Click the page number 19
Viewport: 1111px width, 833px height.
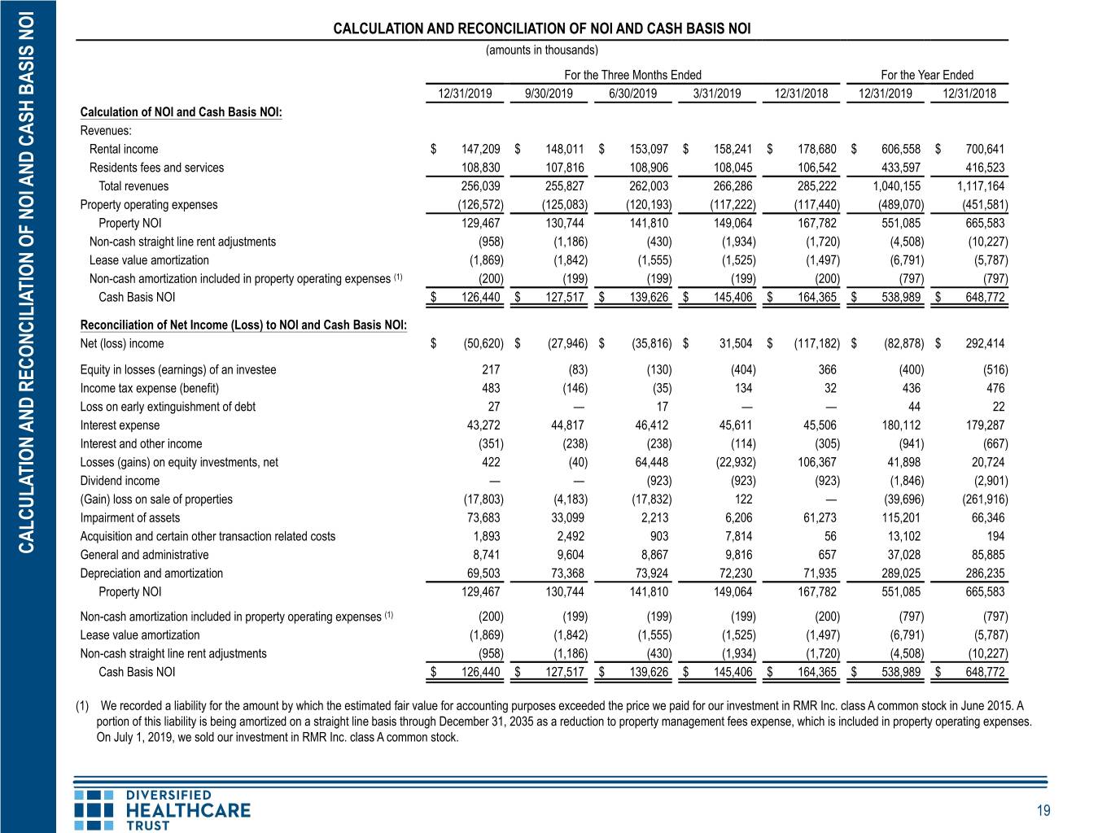tap(1043, 811)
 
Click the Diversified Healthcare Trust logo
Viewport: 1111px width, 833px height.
tap(162, 810)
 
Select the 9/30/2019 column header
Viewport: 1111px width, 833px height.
tap(549, 94)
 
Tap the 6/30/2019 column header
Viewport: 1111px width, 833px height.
tap(632, 94)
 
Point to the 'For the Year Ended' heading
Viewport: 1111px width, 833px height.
tap(927, 75)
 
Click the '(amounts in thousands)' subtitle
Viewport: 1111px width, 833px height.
tap(541, 50)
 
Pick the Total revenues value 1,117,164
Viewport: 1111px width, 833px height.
tap(981, 186)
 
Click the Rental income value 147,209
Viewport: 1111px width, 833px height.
tap(480, 149)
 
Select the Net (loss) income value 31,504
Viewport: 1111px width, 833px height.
tap(736, 343)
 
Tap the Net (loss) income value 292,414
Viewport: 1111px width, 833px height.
tap(985, 343)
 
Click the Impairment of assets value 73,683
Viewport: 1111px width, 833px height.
tap(483, 518)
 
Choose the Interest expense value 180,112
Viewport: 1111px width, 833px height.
tap(901, 425)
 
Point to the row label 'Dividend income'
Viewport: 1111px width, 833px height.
tap(120, 481)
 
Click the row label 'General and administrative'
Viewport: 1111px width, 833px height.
tap(144, 555)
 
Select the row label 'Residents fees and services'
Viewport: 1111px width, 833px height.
tap(156, 168)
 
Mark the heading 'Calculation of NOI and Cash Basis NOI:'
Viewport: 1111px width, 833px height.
tap(182, 111)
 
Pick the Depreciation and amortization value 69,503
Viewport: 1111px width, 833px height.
tap(483, 573)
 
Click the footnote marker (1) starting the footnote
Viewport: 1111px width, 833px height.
tap(82, 706)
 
